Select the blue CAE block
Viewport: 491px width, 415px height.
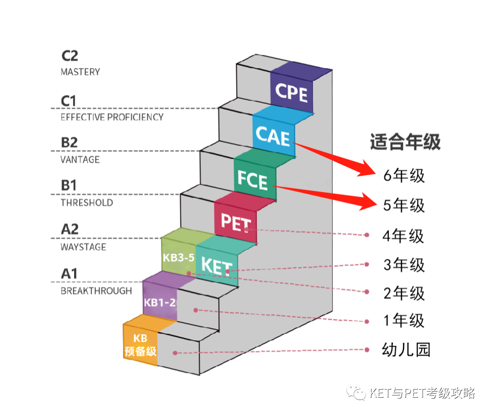pyautogui.click(x=274, y=135)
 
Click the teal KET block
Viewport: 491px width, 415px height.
pyautogui.click(x=217, y=266)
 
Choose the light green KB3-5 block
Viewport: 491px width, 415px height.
pyautogui.click(x=178, y=257)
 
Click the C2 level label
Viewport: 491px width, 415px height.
pyautogui.click(x=70, y=56)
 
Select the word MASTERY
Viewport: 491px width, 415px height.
pyautogui.click(x=80, y=72)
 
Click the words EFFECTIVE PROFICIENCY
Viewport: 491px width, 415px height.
pyautogui.click(x=112, y=117)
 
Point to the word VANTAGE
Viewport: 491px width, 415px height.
pyautogui.click(x=80, y=160)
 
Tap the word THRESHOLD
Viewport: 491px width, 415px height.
pyautogui.click(x=87, y=203)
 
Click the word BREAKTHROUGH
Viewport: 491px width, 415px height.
pyautogui.click(x=96, y=291)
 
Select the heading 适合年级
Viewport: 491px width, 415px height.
pyautogui.click(x=405, y=142)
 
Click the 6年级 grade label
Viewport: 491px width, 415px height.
pyautogui.click(x=404, y=175)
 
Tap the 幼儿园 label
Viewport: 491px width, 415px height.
pyautogui.click(x=406, y=350)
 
